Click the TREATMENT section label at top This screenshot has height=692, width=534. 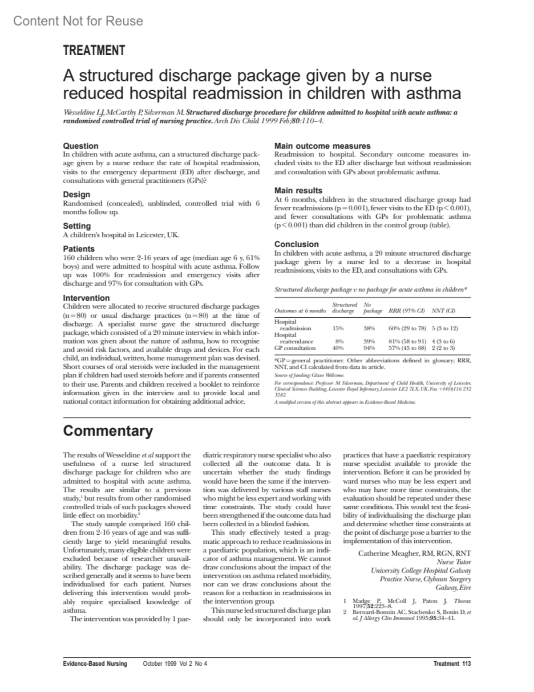pyautogui.click(x=94, y=51)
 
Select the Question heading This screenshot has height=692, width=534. pyautogui.click(x=81, y=146)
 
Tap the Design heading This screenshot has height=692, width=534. pyautogui.click(x=77, y=194)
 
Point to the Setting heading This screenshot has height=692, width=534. pyautogui.click(x=77, y=226)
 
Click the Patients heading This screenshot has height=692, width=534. pyautogui.click(x=79, y=249)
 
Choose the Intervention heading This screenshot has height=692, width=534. pyautogui.click(x=86, y=298)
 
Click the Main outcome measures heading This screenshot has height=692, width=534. pyautogui.click(x=322, y=146)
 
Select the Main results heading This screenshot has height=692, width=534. pyautogui.click(x=298, y=190)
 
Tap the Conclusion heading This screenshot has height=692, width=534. pyautogui.click(x=296, y=244)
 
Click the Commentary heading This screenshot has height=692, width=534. pyautogui.click(x=108, y=431)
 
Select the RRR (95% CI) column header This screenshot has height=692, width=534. pyautogui.click(x=407, y=311)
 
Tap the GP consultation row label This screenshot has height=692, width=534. pyautogui.click(x=295, y=348)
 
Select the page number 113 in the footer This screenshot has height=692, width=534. pyautogui.click(x=466, y=663)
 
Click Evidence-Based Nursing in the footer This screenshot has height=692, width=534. pyautogui.click(x=95, y=663)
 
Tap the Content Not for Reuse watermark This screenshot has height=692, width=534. pyautogui.click(x=78, y=21)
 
